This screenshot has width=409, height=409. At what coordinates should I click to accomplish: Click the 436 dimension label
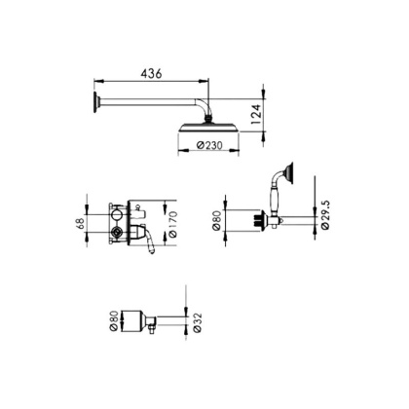(150, 73)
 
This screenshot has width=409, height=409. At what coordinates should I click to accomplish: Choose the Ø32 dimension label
(198, 320)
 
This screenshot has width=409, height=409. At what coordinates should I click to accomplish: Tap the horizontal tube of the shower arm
(146, 101)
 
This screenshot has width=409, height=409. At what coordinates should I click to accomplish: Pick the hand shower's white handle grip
(279, 200)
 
